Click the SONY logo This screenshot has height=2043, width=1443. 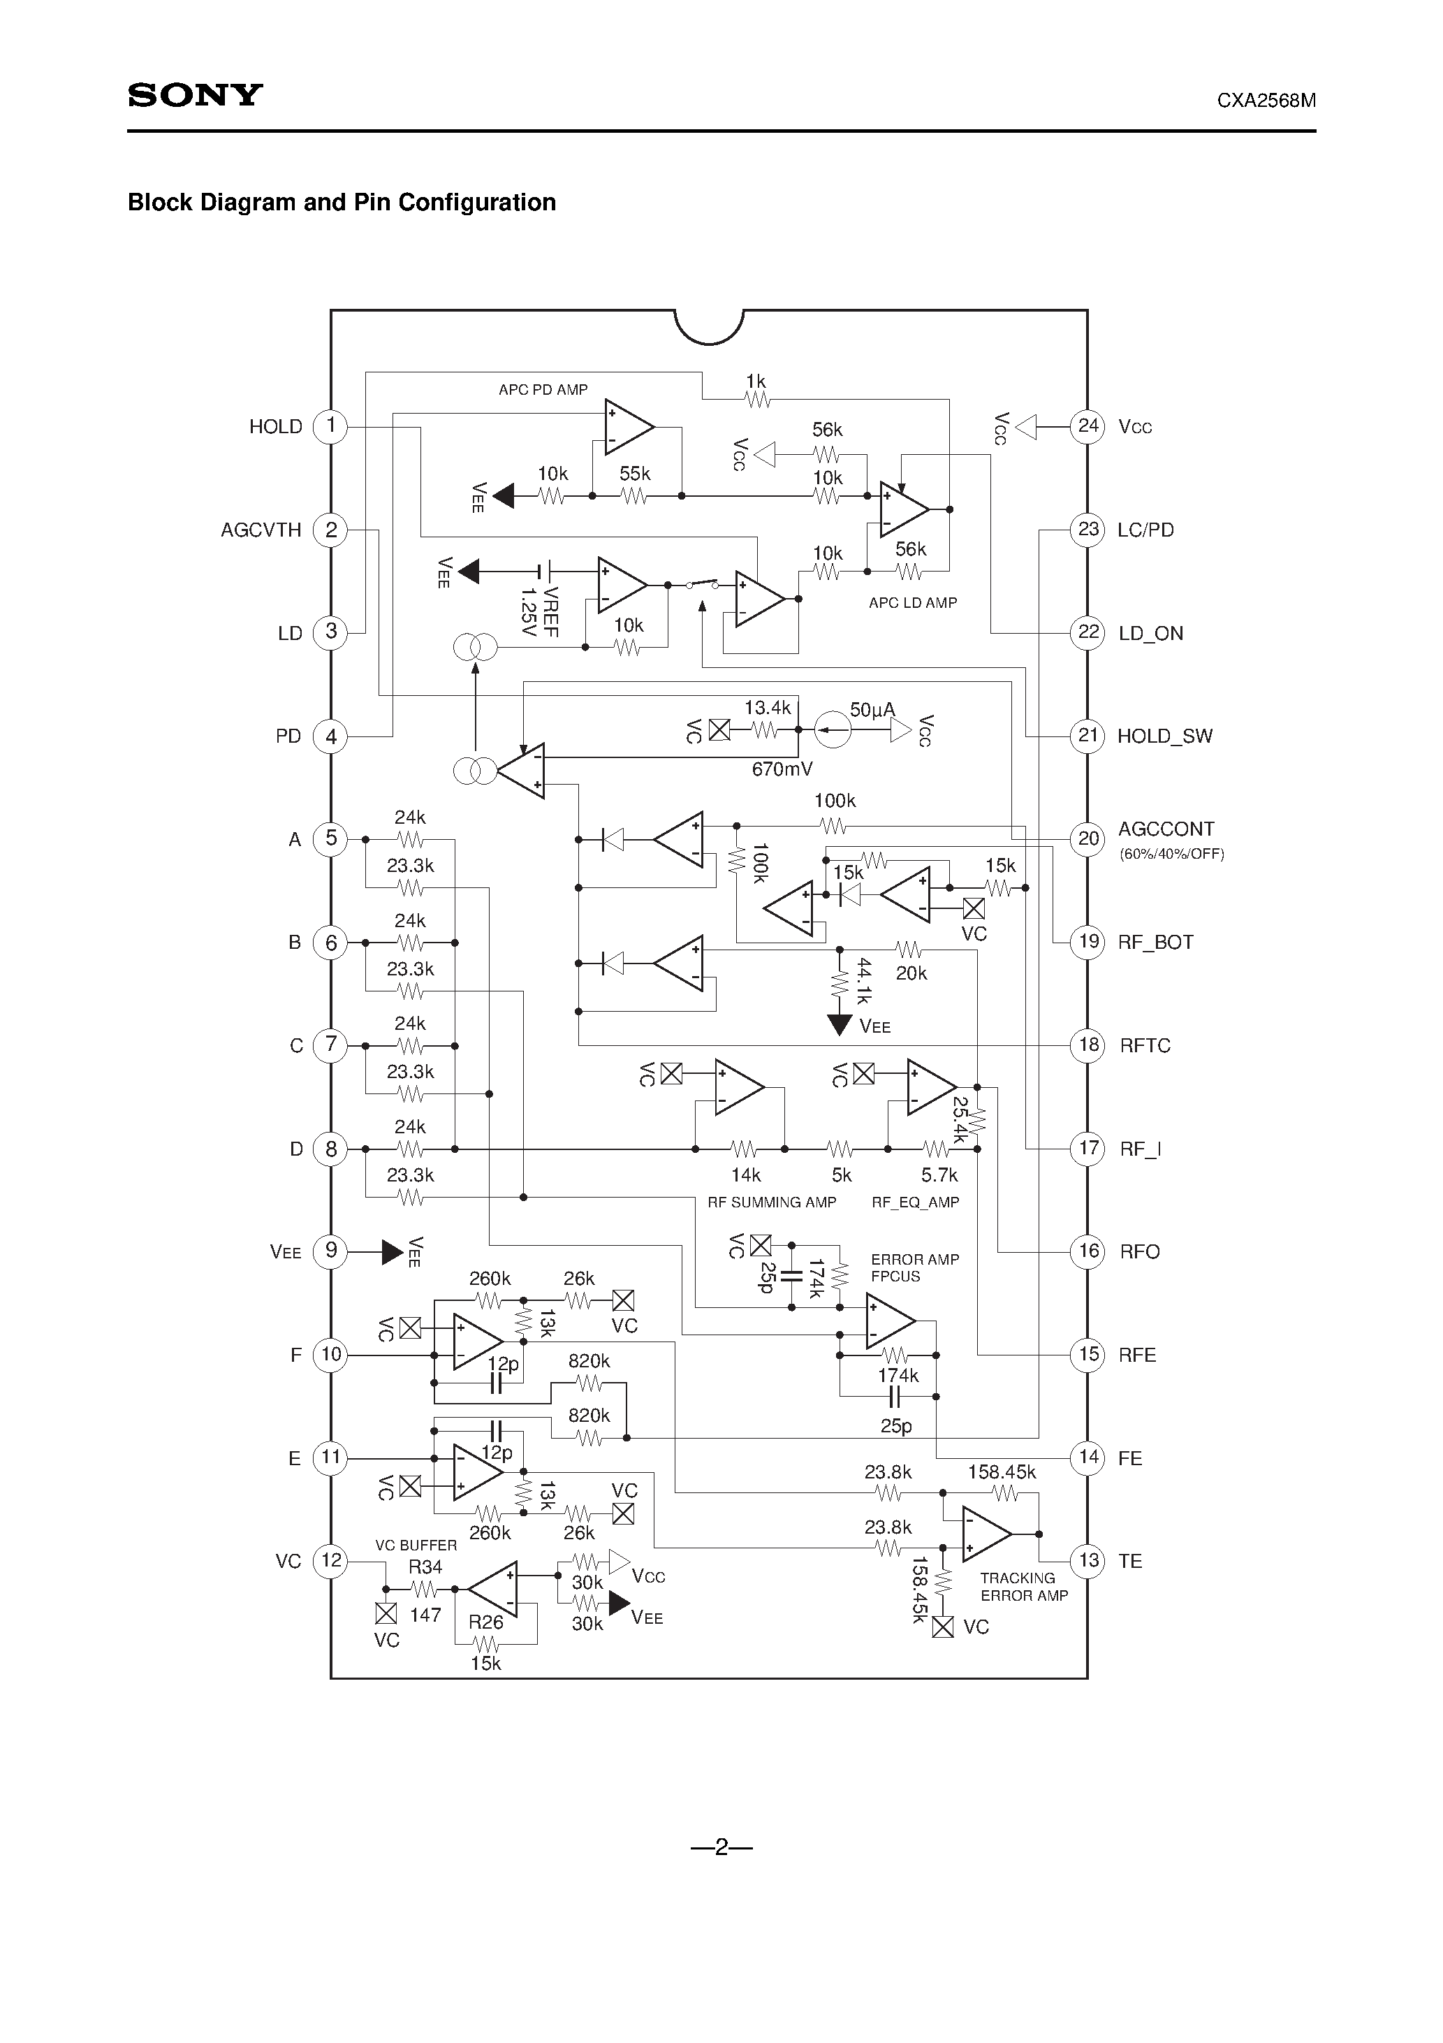[195, 95]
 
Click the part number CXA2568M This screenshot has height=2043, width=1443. [1266, 101]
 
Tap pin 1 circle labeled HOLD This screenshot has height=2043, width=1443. [331, 426]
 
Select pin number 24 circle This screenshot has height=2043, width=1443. [1088, 426]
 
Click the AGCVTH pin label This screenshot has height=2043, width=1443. [261, 530]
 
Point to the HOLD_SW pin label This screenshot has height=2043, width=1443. [1164, 736]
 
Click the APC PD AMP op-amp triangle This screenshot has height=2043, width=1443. [627, 427]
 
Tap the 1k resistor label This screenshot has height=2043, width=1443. [755, 381]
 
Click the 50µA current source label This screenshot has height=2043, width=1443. [872, 710]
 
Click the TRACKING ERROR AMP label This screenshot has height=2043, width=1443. [1023, 1587]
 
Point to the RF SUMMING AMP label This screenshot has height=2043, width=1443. [771, 1203]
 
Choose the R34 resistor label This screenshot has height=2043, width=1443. [425, 1568]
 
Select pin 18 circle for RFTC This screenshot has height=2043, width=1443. [1088, 1045]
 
